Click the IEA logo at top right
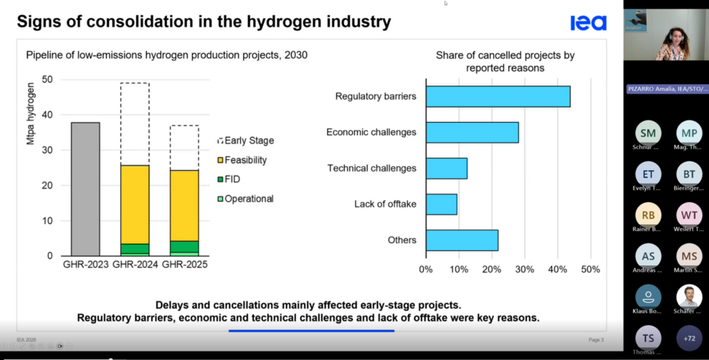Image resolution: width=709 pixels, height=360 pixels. [x=588, y=24]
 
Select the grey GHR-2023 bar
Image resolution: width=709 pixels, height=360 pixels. [x=85, y=188]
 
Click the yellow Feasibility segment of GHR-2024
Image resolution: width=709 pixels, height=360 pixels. [x=134, y=204]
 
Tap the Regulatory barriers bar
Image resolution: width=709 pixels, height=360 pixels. [x=498, y=97]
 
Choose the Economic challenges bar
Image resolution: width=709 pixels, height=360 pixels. [x=472, y=132]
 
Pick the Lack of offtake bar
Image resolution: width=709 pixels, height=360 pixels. [x=441, y=204]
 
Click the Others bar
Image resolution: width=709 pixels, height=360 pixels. [x=462, y=240]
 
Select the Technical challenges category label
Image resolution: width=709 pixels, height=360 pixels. [x=371, y=168]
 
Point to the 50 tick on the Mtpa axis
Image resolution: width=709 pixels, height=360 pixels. [x=48, y=79]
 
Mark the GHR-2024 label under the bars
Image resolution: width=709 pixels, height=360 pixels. [x=135, y=265]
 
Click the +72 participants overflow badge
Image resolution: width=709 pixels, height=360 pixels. [x=689, y=338]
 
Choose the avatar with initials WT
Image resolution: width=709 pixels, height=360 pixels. [x=689, y=214]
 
